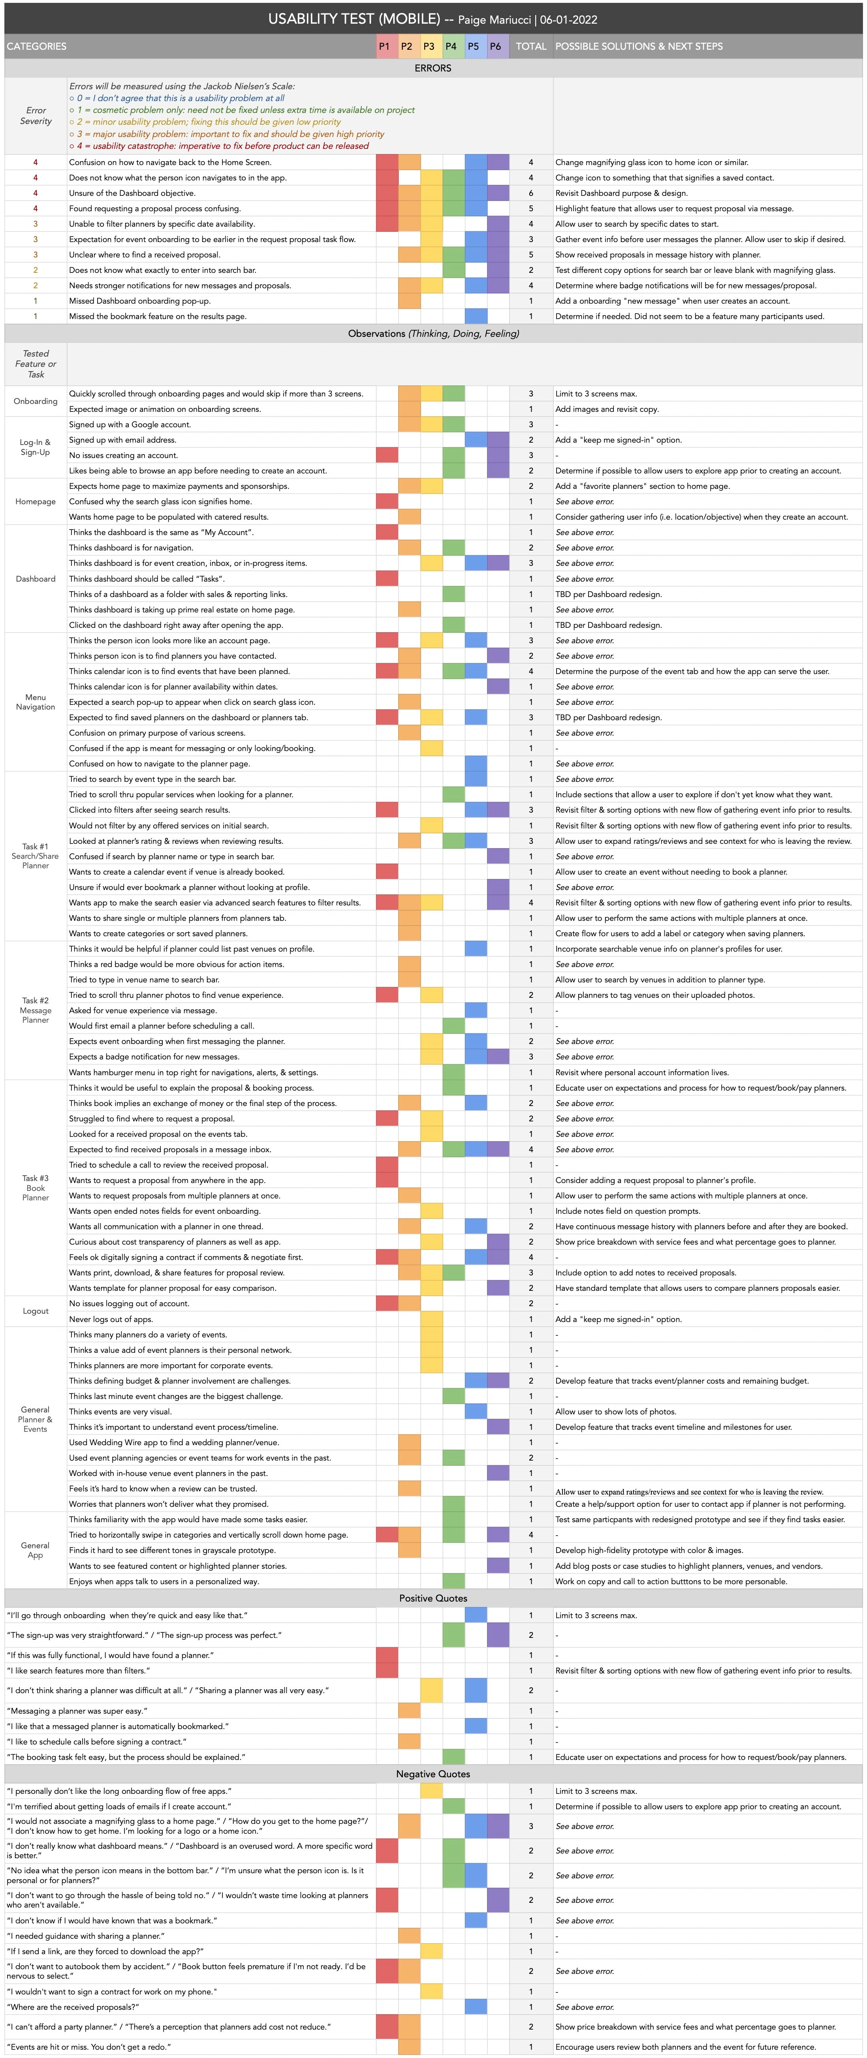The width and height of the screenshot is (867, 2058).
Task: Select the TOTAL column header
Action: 530,46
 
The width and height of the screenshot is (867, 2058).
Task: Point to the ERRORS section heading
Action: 433,68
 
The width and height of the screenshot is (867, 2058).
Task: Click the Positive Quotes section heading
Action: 433,1598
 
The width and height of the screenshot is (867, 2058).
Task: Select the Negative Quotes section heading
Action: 433,1774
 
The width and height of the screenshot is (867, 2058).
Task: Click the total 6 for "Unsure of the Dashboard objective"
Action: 530,193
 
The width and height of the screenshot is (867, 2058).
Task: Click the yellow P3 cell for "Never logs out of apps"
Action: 431,1319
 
